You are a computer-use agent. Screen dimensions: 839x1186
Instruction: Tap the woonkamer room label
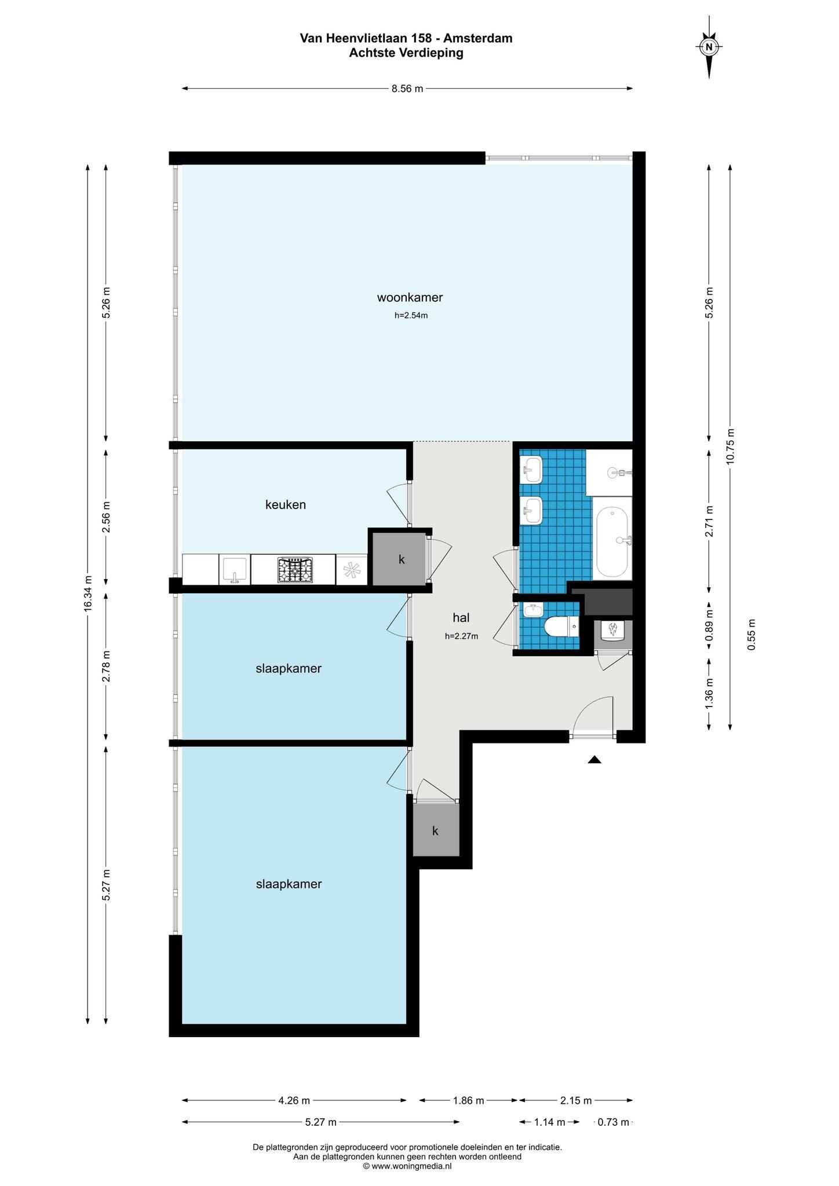[x=410, y=298]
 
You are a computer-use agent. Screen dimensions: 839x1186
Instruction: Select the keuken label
[x=286, y=505]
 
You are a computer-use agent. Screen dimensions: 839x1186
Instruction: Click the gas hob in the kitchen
[x=295, y=570]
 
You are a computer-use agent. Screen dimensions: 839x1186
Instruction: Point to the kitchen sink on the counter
[x=235, y=570]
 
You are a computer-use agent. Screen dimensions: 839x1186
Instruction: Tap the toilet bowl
[x=561, y=626]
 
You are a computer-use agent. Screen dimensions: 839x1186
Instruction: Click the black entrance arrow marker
[x=594, y=760]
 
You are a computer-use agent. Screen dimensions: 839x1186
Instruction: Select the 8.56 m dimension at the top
[x=407, y=89]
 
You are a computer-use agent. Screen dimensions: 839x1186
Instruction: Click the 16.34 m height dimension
[x=88, y=594]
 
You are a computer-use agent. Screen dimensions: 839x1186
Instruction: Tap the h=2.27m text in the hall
[x=461, y=636]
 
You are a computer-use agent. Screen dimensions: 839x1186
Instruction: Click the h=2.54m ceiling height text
[x=411, y=316]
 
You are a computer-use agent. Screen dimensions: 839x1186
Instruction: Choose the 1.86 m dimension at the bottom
[x=468, y=1100]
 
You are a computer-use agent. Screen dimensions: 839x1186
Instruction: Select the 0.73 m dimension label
[x=613, y=1122]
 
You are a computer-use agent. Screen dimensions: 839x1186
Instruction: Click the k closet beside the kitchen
[x=401, y=559]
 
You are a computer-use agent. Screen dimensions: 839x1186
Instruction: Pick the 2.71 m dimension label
[x=709, y=521]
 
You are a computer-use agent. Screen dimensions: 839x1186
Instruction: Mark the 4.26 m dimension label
[x=294, y=1100]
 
